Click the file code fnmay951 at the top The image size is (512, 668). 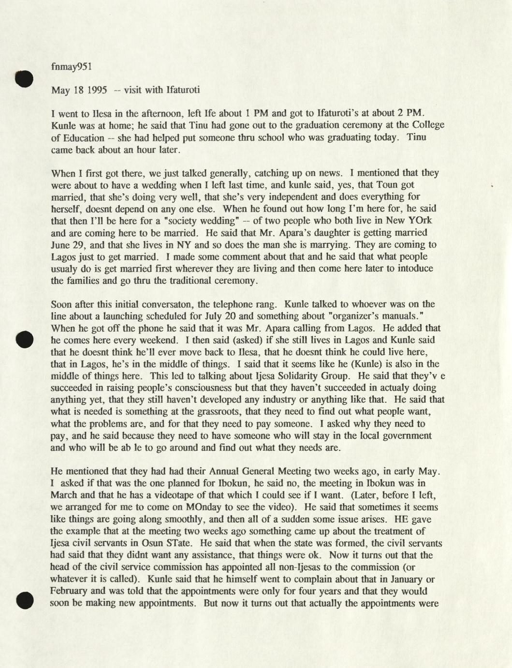click(71, 67)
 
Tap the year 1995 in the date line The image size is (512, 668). click(97, 90)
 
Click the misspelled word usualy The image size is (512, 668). click(64, 269)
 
